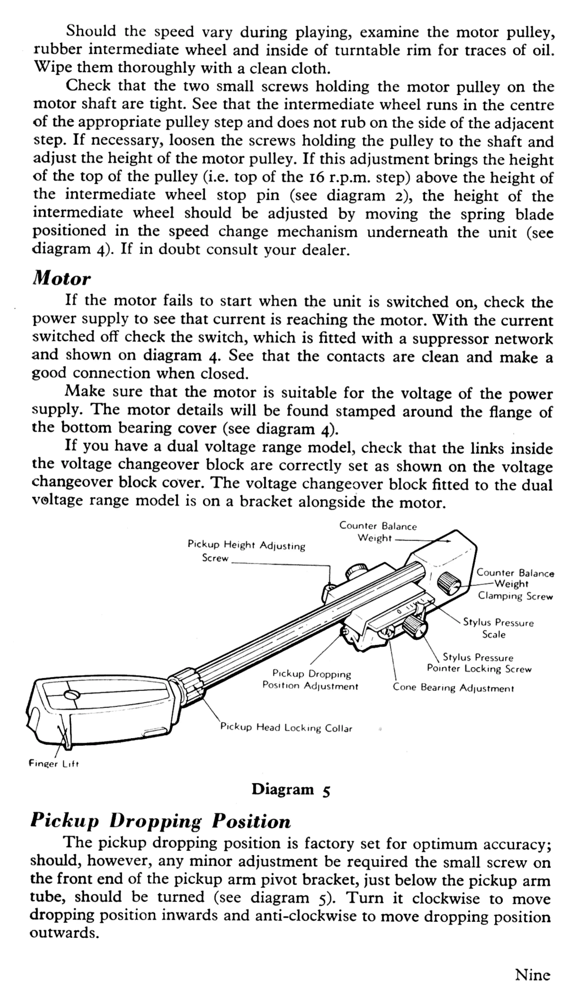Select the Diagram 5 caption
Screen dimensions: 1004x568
click(x=291, y=790)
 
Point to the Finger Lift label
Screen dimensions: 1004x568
click(x=54, y=764)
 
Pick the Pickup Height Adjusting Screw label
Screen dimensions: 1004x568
click(x=246, y=550)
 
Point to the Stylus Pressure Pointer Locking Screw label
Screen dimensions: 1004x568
click(x=479, y=663)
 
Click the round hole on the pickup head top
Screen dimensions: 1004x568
click(x=72, y=694)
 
